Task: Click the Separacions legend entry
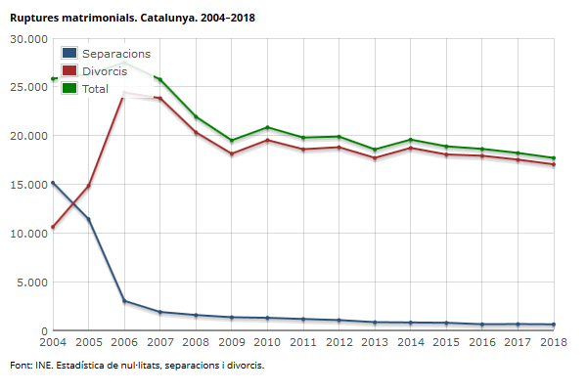tap(106, 54)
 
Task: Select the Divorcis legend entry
tap(94, 71)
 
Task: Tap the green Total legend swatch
tap(69, 88)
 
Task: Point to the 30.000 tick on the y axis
tap(29, 39)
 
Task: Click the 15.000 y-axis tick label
tap(29, 185)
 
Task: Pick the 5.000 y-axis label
tap(32, 282)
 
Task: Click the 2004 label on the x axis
tap(53, 342)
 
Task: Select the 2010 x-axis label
tap(267, 342)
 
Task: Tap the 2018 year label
tap(554, 342)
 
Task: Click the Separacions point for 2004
tap(53, 183)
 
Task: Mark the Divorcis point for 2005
tap(89, 186)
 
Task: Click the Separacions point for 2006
tap(124, 301)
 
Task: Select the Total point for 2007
tap(160, 79)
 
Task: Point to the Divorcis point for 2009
tap(232, 153)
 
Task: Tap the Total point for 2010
tap(267, 127)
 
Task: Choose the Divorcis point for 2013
tap(375, 158)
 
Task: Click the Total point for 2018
tap(554, 158)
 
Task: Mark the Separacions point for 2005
tap(89, 219)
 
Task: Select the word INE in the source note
tap(43, 366)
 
